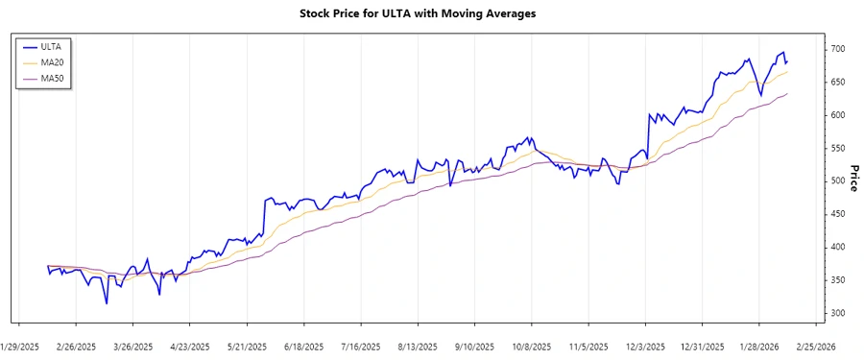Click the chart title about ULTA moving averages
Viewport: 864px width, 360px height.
pyautogui.click(x=432, y=13)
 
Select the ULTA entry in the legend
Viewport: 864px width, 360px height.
pyautogui.click(x=50, y=46)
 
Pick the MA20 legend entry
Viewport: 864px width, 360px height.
pyautogui.click(x=52, y=61)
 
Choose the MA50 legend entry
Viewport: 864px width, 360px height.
pyautogui.click(x=52, y=78)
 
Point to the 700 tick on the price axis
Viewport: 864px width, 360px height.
pyautogui.click(x=838, y=49)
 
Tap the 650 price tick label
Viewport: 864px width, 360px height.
pyautogui.click(x=838, y=83)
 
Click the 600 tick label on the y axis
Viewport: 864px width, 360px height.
pyautogui.click(x=838, y=115)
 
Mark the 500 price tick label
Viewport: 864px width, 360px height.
pyautogui.click(x=838, y=181)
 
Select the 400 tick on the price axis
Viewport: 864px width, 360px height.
pyautogui.click(x=838, y=248)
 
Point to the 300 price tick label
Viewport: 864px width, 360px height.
pyautogui.click(x=838, y=314)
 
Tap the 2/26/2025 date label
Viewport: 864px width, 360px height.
pyautogui.click(x=77, y=347)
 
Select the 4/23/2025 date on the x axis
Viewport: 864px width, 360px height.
pyautogui.click(x=189, y=347)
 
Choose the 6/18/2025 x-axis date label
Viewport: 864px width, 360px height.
pyautogui.click(x=303, y=347)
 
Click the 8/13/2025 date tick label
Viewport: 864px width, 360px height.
pyautogui.click(x=417, y=347)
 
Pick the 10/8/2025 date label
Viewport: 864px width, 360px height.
pyautogui.click(x=530, y=347)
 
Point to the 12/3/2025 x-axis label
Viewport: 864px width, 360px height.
pyautogui.click(x=644, y=347)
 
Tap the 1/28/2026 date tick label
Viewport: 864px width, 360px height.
pyautogui.click(x=758, y=347)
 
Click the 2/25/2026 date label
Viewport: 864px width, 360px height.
pyautogui.click(x=815, y=347)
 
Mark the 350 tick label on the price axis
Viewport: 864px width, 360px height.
pyautogui.click(x=838, y=280)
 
